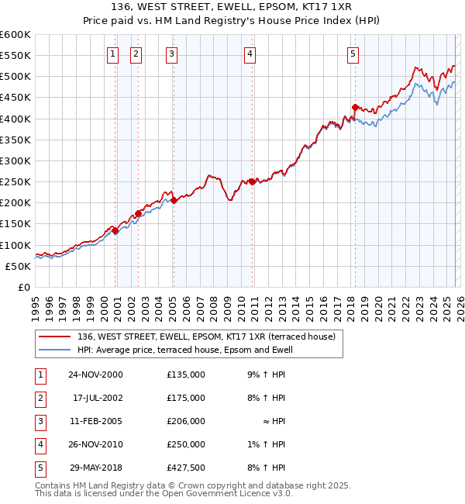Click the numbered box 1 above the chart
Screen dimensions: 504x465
[x=113, y=54]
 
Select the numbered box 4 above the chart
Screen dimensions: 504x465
[x=250, y=54]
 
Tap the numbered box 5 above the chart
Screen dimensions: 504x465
[x=353, y=54]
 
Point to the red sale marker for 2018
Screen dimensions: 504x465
[x=355, y=107]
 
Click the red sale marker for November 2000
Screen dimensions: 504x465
[x=115, y=230]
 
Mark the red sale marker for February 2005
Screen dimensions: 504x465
[x=174, y=200]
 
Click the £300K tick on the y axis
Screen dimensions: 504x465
[x=15, y=161]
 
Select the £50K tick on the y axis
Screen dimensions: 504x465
[x=18, y=266]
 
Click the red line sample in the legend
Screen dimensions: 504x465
[x=56, y=337]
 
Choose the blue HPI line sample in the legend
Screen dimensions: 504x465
[x=56, y=350]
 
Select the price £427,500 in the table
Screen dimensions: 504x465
[x=186, y=467]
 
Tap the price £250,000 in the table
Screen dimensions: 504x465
[x=186, y=444]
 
